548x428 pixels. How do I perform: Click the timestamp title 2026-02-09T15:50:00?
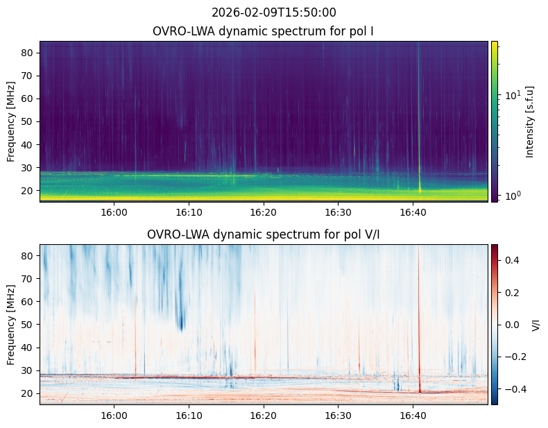(273, 12)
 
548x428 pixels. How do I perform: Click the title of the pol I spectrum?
(263, 31)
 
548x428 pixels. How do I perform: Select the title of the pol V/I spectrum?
(263, 234)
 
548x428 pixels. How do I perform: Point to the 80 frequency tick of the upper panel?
(38, 53)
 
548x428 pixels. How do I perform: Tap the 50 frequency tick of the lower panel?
(38, 324)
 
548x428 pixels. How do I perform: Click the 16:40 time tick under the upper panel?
(413, 203)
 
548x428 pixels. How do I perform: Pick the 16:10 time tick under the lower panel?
(189, 406)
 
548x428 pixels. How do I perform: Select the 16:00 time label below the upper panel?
(114, 212)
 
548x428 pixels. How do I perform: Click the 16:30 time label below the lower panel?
(338, 416)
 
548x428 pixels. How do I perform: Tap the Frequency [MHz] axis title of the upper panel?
(11, 121)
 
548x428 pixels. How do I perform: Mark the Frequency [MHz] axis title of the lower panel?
(11, 325)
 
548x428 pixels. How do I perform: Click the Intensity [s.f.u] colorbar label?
(530, 122)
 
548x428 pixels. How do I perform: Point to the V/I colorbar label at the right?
(536, 325)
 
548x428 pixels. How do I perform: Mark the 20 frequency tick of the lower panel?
(38, 393)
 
